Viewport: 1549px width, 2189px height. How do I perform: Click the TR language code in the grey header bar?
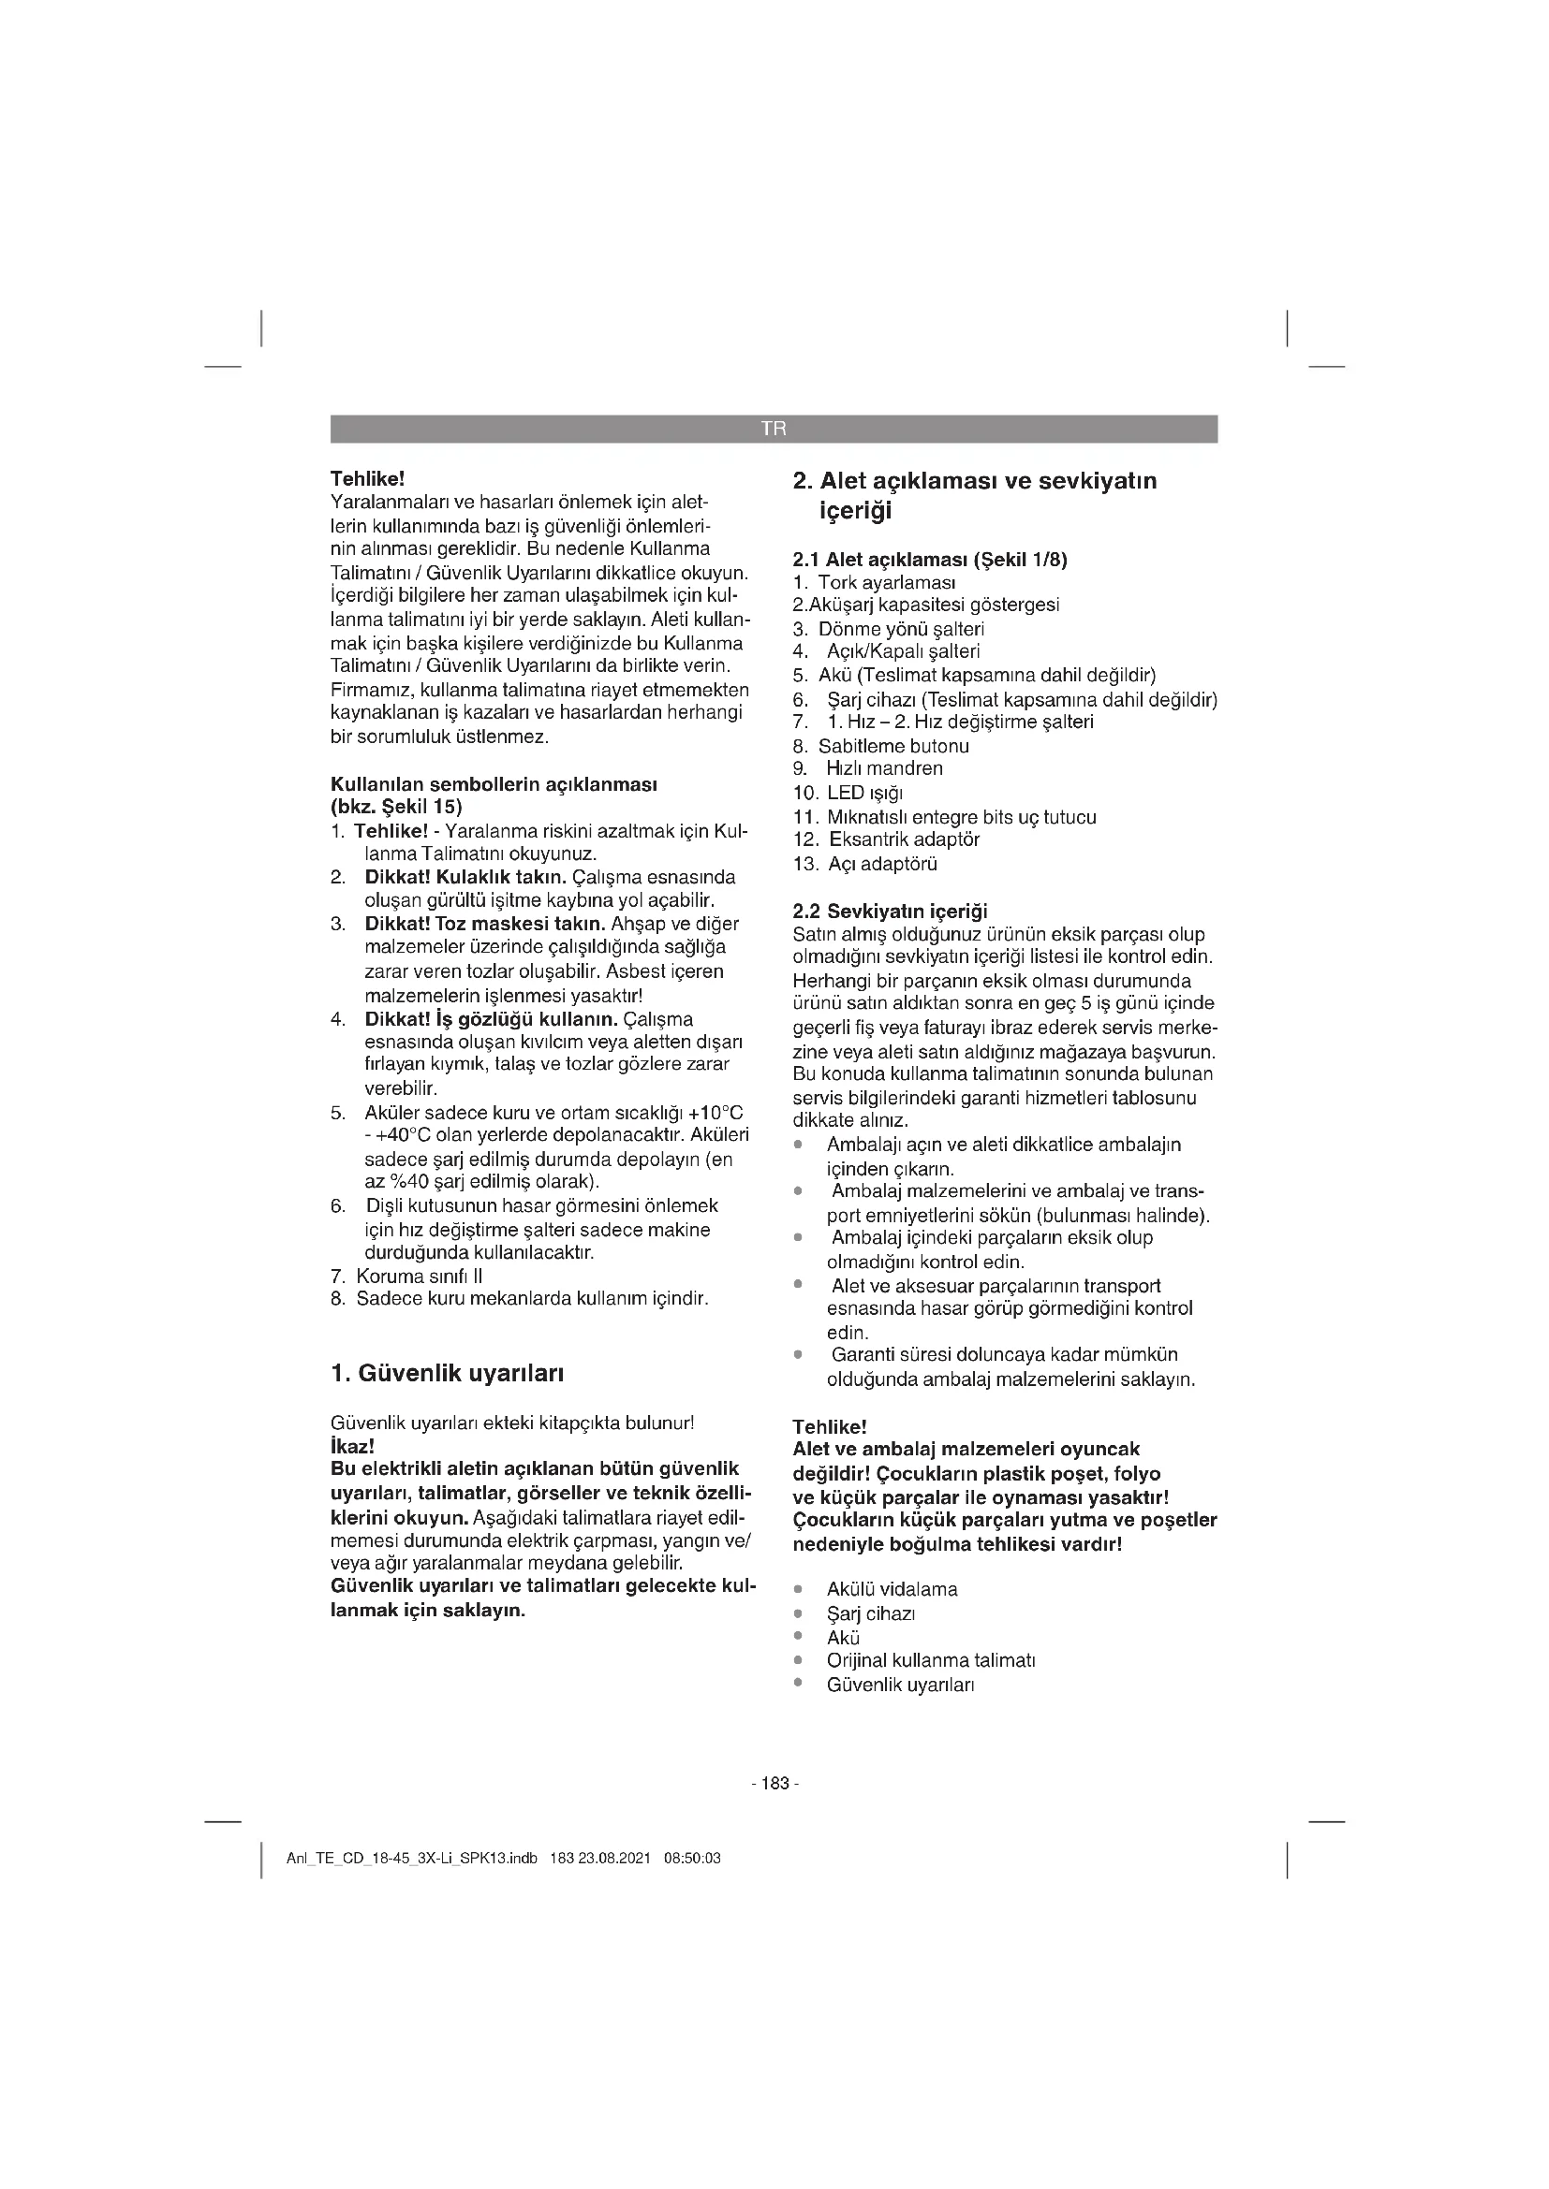click(774, 429)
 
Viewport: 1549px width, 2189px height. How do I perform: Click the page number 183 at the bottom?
click(774, 1784)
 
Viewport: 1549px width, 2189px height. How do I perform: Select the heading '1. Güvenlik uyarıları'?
click(447, 1374)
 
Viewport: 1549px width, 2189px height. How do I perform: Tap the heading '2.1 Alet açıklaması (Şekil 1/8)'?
click(930, 560)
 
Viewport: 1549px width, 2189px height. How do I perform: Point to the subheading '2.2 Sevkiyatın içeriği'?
click(890, 912)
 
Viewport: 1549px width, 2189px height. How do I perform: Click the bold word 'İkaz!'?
click(352, 1445)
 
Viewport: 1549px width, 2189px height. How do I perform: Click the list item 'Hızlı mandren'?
click(884, 768)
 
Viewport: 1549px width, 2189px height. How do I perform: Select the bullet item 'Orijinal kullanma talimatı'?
click(931, 1660)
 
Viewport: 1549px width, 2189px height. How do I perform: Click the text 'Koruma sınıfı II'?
click(420, 1276)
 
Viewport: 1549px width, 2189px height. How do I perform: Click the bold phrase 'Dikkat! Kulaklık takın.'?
click(466, 877)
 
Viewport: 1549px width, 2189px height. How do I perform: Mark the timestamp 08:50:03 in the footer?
click(691, 1859)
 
